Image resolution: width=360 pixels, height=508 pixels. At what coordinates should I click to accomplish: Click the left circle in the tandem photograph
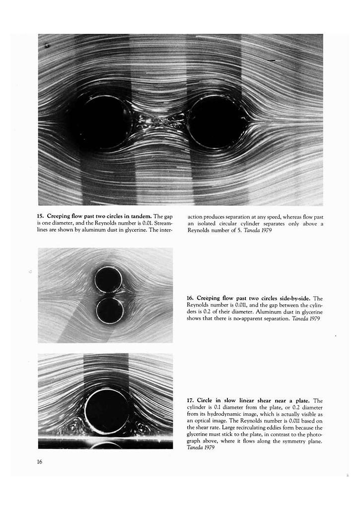coord(104,122)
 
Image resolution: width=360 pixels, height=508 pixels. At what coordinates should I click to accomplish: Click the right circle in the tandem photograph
coord(217,122)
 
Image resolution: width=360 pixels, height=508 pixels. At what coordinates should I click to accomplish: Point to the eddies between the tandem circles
coord(160,121)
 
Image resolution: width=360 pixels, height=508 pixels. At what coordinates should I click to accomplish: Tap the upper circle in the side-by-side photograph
coord(109,280)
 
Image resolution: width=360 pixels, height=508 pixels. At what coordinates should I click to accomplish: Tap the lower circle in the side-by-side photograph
coord(110,311)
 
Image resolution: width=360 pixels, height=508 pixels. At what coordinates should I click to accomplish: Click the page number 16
coord(40,462)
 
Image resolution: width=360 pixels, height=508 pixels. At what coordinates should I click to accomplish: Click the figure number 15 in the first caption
coord(40,216)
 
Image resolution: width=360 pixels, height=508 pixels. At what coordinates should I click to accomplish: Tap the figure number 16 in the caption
coord(190,298)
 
